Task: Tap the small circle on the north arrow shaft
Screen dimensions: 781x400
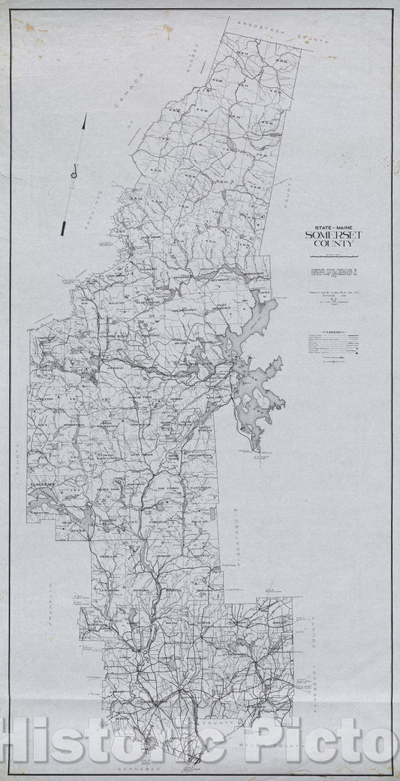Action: click(74, 175)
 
